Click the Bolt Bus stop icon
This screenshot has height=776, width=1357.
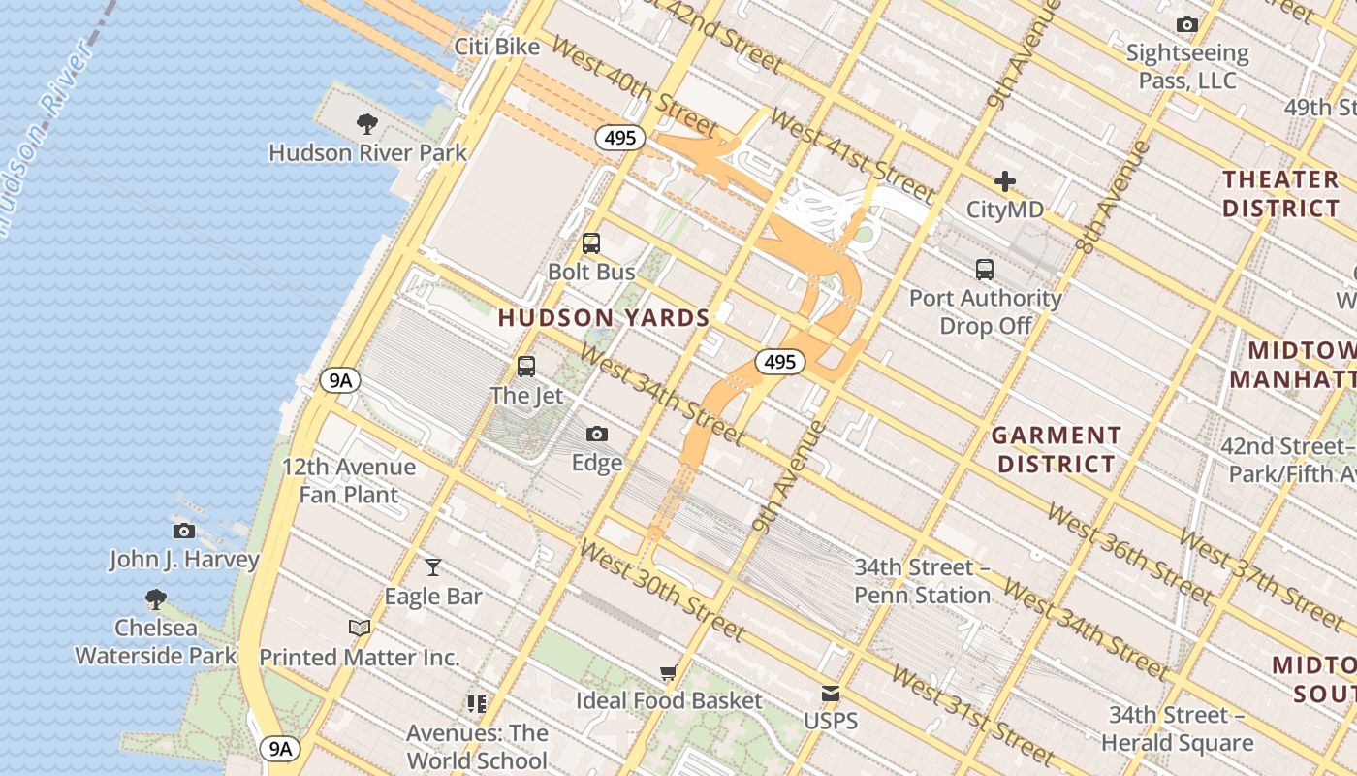(x=591, y=243)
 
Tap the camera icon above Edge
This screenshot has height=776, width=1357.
(x=597, y=434)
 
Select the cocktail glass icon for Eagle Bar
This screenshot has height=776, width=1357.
(x=433, y=566)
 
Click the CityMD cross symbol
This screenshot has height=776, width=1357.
(x=1005, y=181)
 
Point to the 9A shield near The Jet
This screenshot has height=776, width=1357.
(x=340, y=380)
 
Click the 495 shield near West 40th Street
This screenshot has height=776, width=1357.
(x=620, y=138)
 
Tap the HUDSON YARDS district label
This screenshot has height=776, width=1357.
(x=604, y=317)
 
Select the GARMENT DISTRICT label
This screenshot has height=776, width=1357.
(x=1057, y=449)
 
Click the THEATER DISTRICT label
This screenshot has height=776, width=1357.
(x=1280, y=193)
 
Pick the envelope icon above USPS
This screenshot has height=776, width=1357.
(x=831, y=693)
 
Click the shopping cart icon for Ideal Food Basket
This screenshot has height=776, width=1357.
(x=668, y=672)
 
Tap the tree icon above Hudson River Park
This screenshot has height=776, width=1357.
(x=366, y=123)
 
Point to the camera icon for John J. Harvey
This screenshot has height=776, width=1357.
(x=184, y=531)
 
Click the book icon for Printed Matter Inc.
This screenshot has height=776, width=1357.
(x=360, y=628)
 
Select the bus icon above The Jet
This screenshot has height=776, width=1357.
(x=526, y=367)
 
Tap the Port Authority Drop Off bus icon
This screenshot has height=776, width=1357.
(x=985, y=269)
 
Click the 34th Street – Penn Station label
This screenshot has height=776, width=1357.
(x=922, y=580)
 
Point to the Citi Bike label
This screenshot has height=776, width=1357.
(x=497, y=47)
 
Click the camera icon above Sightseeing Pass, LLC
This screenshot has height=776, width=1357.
(x=1186, y=24)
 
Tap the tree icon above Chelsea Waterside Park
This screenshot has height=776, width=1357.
(x=155, y=598)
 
